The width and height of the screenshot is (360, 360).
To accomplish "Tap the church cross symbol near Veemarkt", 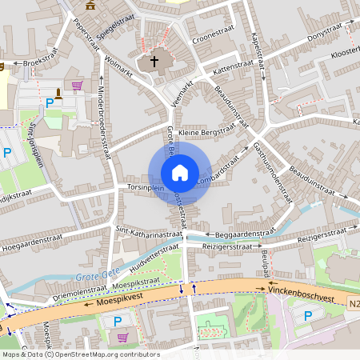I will pyautogui.click(x=154, y=62).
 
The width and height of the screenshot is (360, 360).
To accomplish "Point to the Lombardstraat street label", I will pyautogui.click(x=218, y=166).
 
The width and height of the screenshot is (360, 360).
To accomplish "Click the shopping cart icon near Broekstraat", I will pyautogui.click(x=77, y=85).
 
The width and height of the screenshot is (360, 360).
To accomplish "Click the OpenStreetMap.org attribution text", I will pyautogui.click(x=108, y=354).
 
